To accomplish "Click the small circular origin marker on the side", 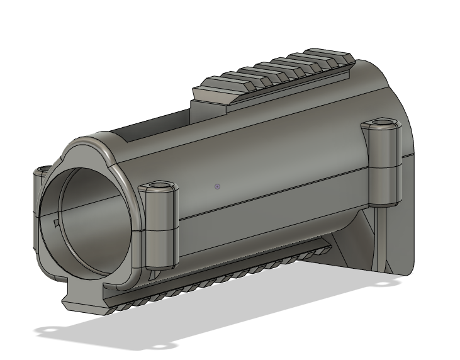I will point(217,186).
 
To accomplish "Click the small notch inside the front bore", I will point(56,222).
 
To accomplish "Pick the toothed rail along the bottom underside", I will point(220,277).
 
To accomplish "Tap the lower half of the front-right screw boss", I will point(160,249).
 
